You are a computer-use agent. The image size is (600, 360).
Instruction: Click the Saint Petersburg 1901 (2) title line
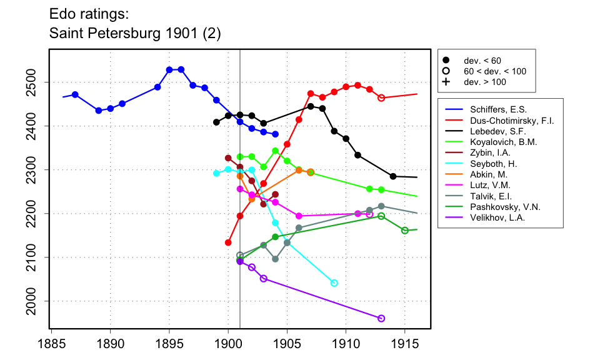point(134,33)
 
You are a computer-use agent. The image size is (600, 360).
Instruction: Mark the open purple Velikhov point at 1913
point(381,319)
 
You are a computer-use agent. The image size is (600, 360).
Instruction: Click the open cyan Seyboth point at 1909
point(334,283)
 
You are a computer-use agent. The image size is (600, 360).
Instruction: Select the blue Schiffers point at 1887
point(75,94)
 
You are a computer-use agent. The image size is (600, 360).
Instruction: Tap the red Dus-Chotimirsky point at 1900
point(228,242)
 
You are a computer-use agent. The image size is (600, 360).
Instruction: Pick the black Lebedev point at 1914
point(393,176)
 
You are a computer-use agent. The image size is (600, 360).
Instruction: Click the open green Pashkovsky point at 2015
point(405,231)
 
